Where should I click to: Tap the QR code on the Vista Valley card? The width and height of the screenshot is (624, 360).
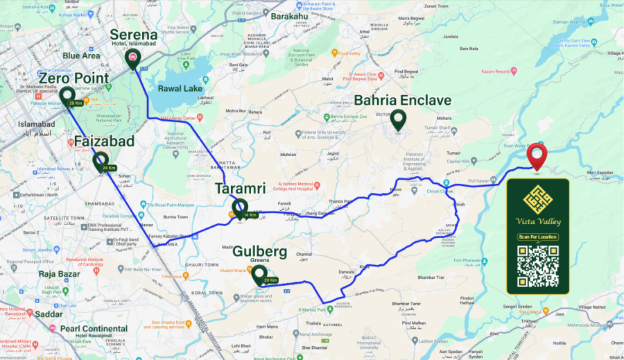click(x=538, y=266)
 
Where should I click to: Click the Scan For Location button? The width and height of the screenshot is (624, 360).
click(x=538, y=237)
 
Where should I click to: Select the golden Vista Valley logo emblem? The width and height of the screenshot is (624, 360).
click(x=538, y=200)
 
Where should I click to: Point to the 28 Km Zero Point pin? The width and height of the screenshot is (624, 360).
click(x=67, y=97)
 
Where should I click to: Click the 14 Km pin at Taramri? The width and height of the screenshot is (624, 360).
click(x=240, y=208)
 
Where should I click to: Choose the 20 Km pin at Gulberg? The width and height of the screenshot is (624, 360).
click(x=259, y=275)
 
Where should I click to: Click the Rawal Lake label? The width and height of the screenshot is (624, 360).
click(x=180, y=88)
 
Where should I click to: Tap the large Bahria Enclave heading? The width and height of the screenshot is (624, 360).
click(x=402, y=101)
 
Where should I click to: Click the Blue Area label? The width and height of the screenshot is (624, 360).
click(x=81, y=56)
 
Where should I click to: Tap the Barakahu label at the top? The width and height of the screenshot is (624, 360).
click(x=290, y=15)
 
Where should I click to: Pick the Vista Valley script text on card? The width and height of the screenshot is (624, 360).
click(x=538, y=221)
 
